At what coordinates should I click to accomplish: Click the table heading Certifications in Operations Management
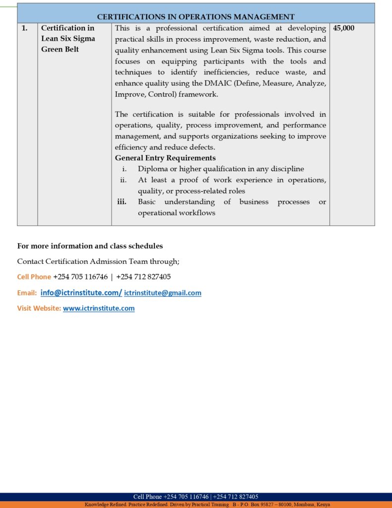(x=196, y=17)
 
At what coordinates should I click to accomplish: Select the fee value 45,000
(x=344, y=28)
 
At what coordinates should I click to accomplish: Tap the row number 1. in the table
(x=24, y=28)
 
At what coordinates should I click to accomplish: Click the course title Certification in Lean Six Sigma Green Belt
(x=68, y=39)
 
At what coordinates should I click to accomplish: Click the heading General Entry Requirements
(x=165, y=158)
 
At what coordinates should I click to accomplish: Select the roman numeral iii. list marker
(x=121, y=202)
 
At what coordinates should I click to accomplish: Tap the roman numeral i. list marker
(x=124, y=169)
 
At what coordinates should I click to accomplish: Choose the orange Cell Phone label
(x=34, y=277)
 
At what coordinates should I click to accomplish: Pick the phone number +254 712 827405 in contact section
(x=143, y=277)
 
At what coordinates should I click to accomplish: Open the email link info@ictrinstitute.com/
(x=81, y=293)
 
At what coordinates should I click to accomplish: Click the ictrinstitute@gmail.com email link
(x=163, y=293)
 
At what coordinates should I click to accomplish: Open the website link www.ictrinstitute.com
(x=99, y=309)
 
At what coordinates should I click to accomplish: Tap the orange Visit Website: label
(x=39, y=309)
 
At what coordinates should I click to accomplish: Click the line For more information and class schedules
(x=90, y=246)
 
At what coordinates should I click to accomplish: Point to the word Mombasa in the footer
(x=303, y=505)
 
